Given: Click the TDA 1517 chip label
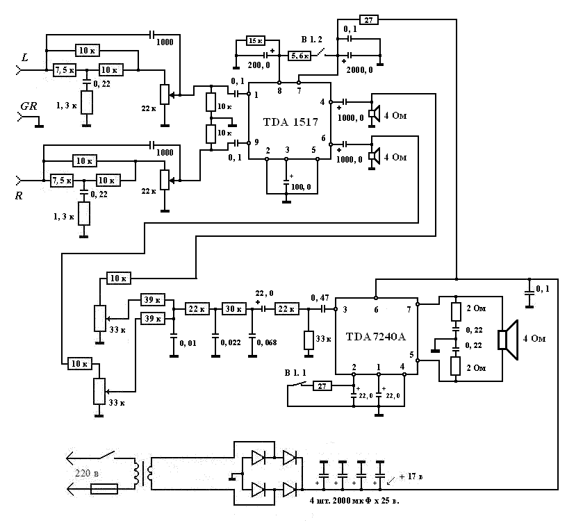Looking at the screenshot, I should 290,122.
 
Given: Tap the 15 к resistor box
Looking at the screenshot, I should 256,41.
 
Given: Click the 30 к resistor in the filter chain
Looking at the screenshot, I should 231,308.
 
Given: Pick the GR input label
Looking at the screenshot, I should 29,108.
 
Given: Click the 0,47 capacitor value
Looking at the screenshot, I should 321,297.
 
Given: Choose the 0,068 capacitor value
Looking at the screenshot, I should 267,342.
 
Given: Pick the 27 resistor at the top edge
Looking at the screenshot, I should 369,19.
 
